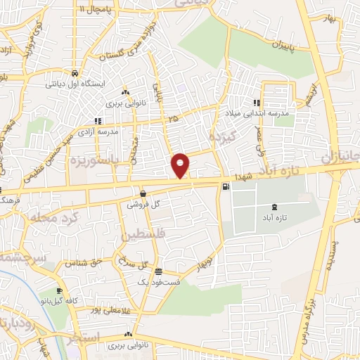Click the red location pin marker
tap(181, 165)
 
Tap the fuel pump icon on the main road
tap(225, 186)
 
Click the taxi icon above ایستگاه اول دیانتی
tap(75, 72)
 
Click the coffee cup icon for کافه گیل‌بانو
tap(59, 291)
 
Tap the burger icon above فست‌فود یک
tap(159, 271)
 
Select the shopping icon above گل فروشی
tap(143, 194)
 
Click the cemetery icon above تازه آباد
tap(274, 206)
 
